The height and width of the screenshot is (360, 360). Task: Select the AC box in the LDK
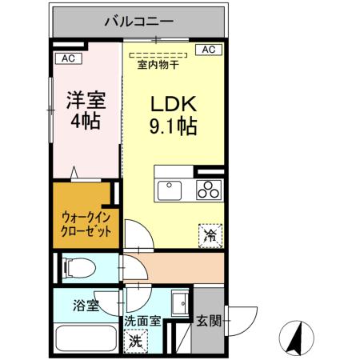[207, 50]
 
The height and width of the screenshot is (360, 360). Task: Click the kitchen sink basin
[171, 190]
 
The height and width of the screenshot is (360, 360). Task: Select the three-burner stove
[210, 190]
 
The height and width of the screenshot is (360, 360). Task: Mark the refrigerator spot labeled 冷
[210, 234]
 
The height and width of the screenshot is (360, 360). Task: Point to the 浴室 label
[85, 306]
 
